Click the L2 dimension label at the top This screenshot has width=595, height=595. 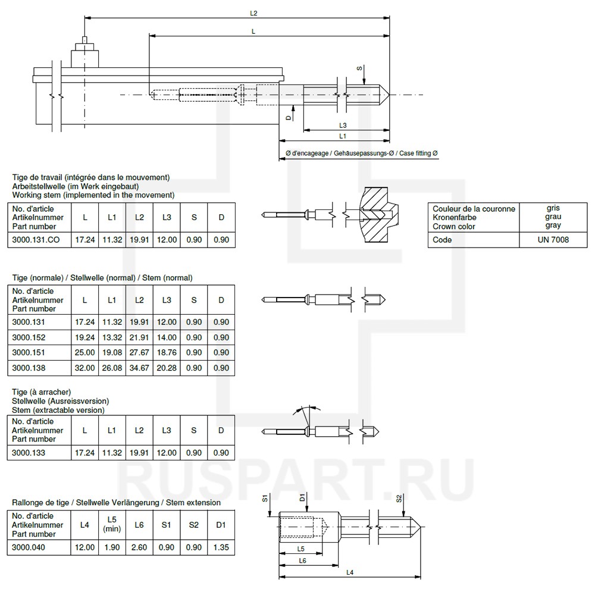tap(253, 12)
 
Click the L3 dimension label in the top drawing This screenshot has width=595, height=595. tap(343, 125)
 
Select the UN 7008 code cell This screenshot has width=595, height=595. tap(557, 240)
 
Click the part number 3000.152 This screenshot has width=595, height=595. tap(29, 337)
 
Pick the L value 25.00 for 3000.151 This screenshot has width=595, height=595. tap(84, 353)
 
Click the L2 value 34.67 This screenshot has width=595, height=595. tap(139, 368)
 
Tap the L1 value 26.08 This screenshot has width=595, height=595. tap(112, 368)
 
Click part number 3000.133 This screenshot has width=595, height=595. tap(29, 453)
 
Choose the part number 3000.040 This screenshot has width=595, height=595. tap(29, 547)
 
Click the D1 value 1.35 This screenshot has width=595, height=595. tap(221, 547)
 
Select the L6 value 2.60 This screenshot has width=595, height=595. tap(139, 547)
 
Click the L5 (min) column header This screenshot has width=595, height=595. tap(112, 524)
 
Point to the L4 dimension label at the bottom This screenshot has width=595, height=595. tap(350, 572)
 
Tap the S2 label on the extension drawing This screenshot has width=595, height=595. tap(399, 499)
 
